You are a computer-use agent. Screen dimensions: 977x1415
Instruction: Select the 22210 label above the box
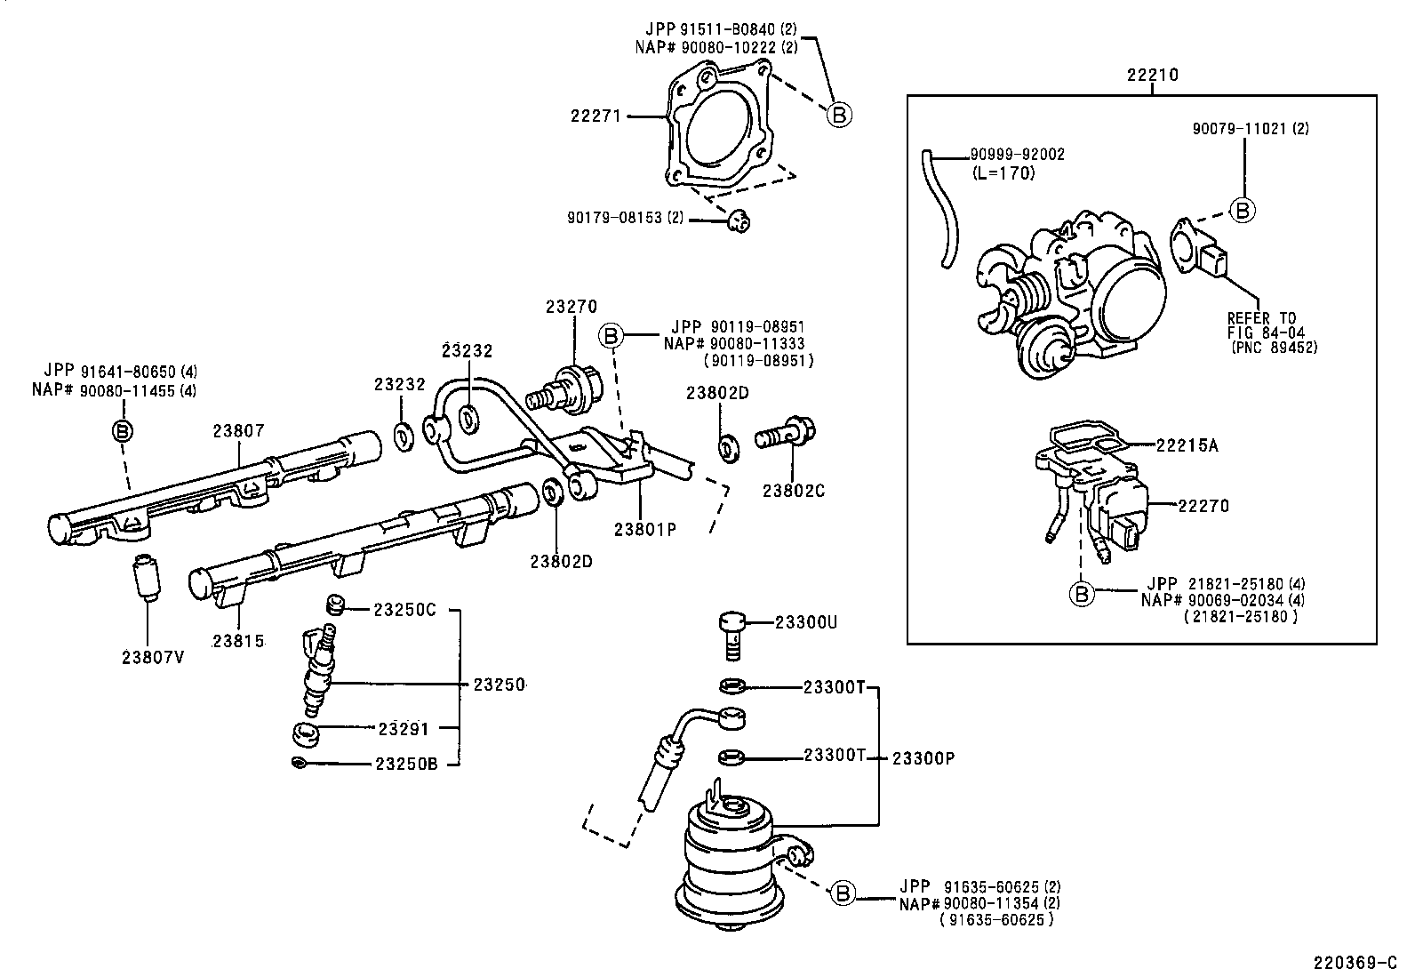(x=1153, y=76)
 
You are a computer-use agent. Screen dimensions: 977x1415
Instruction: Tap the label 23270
(x=571, y=307)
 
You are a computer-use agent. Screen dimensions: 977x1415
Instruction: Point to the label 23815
(x=238, y=641)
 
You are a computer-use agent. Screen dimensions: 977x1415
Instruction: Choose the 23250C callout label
(x=404, y=610)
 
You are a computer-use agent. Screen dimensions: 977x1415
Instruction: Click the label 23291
(x=403, y=730)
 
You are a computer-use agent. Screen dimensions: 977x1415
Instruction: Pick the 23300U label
(x=805, y=622)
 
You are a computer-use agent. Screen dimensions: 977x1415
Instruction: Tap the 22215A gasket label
(x=1187, y=445)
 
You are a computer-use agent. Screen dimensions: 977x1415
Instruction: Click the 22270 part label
(x=1203, y=506)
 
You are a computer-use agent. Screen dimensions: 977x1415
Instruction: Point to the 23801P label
(x=645, y=529)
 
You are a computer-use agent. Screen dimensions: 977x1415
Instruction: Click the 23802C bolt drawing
(x=787, y=436)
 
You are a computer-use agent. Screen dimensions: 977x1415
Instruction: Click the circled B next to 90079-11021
(x=1243, y=210)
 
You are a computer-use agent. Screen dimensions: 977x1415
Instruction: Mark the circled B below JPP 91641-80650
(x=122, y=431)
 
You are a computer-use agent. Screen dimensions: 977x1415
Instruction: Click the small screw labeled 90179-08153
(x=738, y=219)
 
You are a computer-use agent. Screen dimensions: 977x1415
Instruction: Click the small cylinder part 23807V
(x=144, y=578)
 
